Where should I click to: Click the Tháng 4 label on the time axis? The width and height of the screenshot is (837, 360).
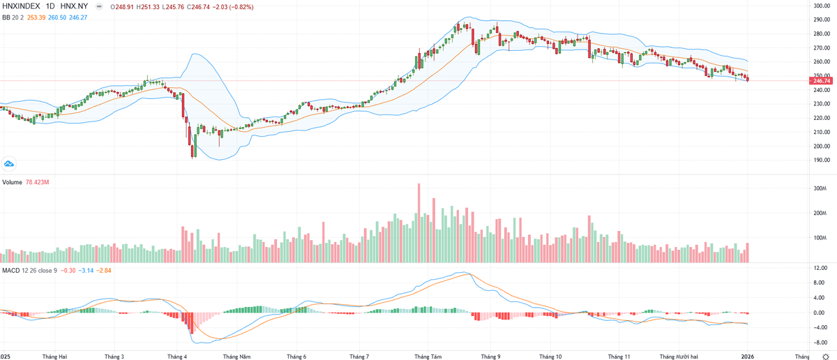[x=177, y=356]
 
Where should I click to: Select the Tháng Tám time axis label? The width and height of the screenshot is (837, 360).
[x=428, y=356]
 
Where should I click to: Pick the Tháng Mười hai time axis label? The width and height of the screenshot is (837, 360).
[x=679, y=356]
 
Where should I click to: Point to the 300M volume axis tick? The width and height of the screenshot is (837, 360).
[x=819, y=188]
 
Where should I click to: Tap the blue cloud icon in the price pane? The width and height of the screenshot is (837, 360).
[x=9, y=163]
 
